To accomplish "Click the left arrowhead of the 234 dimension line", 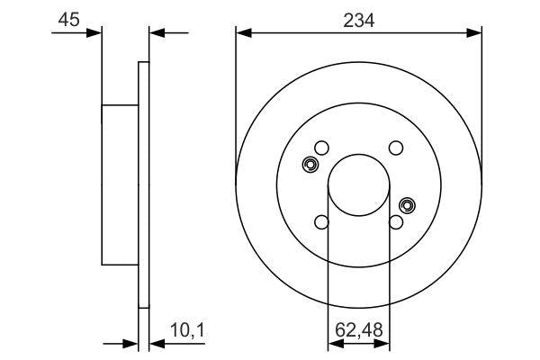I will tap(241, 33).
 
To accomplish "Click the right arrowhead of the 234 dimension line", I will tap(477, 33).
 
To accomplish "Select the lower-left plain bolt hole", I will tap(322, 223).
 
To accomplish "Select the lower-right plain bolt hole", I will tap(395, 223).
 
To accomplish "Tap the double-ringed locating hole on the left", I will tap(310, 165).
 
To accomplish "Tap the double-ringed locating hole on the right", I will tap(407, 206).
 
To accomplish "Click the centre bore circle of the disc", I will tap(358, 185).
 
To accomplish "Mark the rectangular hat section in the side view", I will tap(119, 184).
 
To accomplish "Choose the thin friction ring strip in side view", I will tap(142, 184).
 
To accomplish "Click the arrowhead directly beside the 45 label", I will tap(94, 33).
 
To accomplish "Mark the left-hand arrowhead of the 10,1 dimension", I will tap(131, 342).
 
